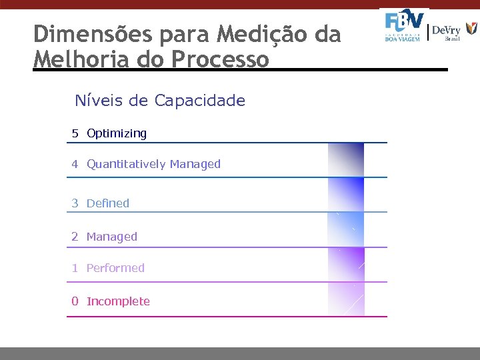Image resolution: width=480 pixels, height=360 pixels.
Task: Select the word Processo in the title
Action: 221,59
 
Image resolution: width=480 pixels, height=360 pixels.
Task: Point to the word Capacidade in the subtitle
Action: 200,101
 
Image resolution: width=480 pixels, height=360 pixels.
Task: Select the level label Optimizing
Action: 117,134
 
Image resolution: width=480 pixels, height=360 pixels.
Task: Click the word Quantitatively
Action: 127,165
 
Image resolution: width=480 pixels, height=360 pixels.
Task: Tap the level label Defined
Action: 108,203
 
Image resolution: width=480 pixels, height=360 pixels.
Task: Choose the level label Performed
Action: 115,268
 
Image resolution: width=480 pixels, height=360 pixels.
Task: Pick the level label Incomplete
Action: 118,301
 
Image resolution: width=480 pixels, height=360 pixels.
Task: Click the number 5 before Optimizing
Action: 75,133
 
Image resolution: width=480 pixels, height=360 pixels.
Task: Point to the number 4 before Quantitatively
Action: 75,164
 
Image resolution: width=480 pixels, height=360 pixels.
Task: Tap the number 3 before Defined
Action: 75,203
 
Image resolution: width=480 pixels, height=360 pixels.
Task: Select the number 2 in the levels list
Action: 75,237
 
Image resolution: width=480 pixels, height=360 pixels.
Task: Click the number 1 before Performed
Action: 75,268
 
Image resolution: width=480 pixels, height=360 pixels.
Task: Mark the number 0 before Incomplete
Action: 75,301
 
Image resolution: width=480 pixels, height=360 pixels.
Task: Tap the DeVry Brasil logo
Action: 454,31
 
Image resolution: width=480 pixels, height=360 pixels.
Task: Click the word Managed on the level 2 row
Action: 112,237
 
